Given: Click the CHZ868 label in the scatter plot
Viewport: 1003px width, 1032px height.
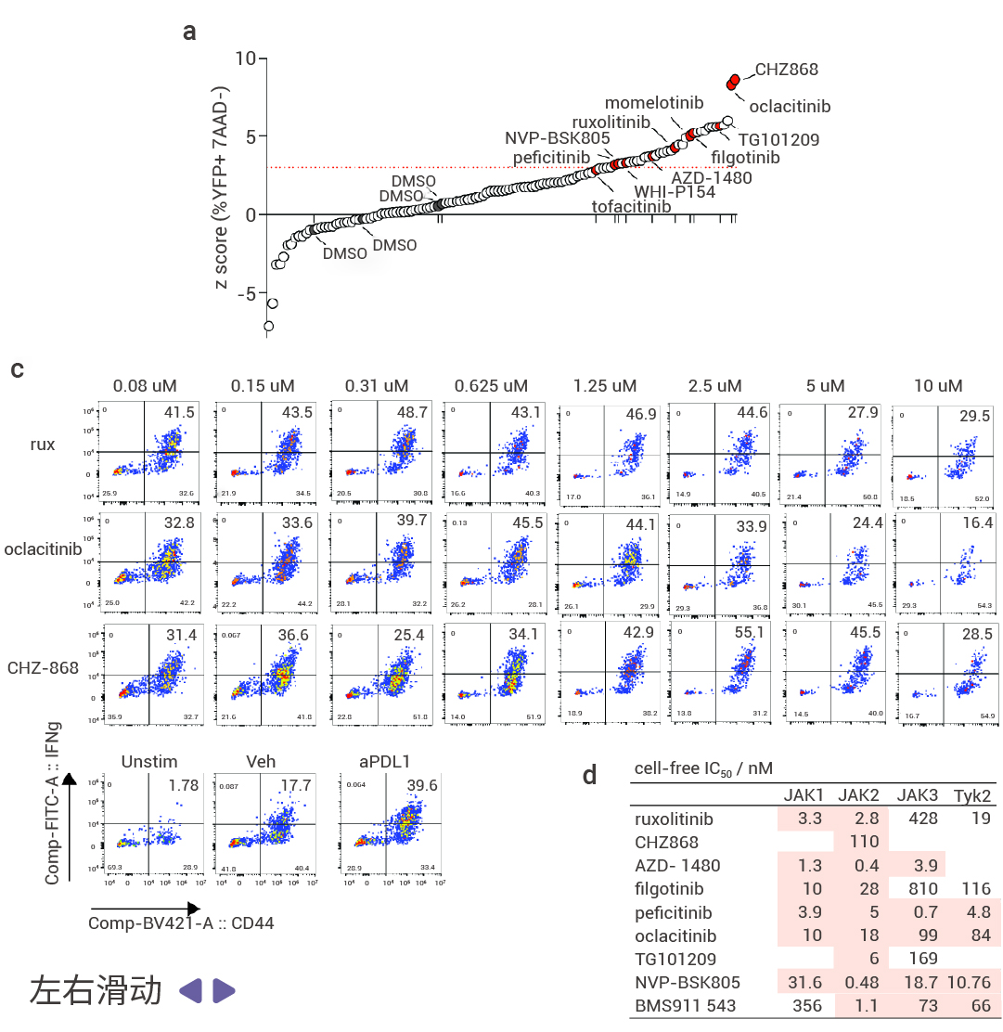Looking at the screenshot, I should coord(786,69).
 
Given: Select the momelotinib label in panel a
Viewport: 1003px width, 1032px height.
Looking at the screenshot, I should coord(654,102).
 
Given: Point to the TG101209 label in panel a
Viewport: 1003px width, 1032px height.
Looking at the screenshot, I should coord(778,140).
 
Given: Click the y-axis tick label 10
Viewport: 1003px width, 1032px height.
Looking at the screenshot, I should coord(245,58).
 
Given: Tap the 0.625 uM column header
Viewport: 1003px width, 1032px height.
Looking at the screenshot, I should coord(491,385).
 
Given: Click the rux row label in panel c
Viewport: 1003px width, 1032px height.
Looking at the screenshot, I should coord(42,445).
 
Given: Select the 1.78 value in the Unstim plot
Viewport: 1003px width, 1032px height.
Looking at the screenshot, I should coord(183,785).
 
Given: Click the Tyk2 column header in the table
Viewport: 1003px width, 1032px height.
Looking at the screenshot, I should coord(971,795).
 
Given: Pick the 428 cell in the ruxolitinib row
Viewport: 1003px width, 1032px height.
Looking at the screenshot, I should coord(919,819).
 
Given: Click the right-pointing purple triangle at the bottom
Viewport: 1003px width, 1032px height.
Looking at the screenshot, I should coord(225,990).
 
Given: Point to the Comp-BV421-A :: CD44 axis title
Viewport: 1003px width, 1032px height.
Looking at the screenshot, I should coord(181,923).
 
